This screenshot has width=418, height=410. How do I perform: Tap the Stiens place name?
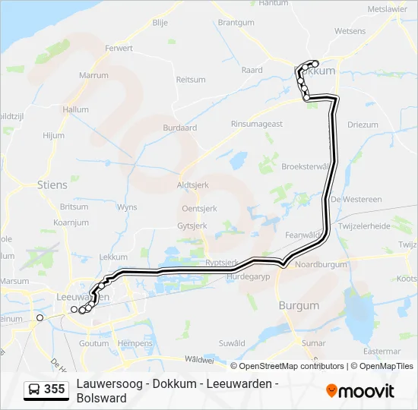pos(52,184)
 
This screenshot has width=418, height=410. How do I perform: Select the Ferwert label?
pos(119,48)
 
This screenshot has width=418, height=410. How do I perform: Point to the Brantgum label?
pos(236,23)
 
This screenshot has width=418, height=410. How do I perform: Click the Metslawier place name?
pos(388,9)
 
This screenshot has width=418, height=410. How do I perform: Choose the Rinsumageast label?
pos(257,124)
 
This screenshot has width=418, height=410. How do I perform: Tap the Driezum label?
pos(363,125)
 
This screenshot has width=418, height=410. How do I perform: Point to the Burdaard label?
pos(179,128)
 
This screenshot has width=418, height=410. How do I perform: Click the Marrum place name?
pos(93,76)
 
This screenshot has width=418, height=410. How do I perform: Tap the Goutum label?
pos(94,343)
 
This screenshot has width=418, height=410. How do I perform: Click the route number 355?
pos(54,389)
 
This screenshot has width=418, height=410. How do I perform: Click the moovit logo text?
pos(366,391)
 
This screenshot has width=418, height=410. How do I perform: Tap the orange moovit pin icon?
pos(331,391)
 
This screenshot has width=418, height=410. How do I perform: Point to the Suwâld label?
pos(232,343)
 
